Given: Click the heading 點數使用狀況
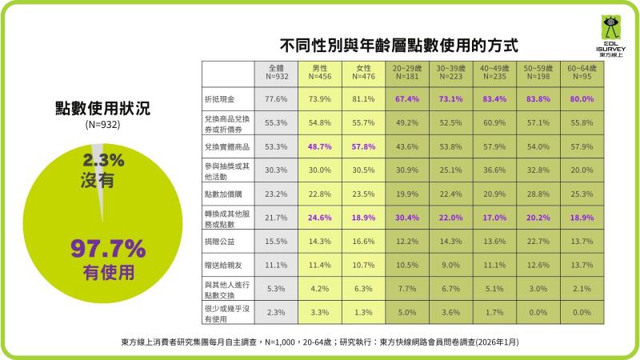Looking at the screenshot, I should pyautogui.click(x=102, y=108).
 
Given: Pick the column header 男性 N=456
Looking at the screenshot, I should pyautogui.click(x=320, y=74).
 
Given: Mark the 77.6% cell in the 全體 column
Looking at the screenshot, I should pyautogui.click(x=276, y=99).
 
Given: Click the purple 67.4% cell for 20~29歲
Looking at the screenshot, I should pyautogui.click(x=407, y=99).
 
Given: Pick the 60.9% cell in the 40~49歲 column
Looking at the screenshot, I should pyautogui.click(x=494, y=122).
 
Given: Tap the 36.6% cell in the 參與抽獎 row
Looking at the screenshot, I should pyautogui.click(x=494, y=170).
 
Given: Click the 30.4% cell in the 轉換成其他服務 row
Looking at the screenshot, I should pyautogui.click(x=407, y=217).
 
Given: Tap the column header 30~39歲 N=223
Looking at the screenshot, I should pyautogui.click(x=450, y=74).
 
